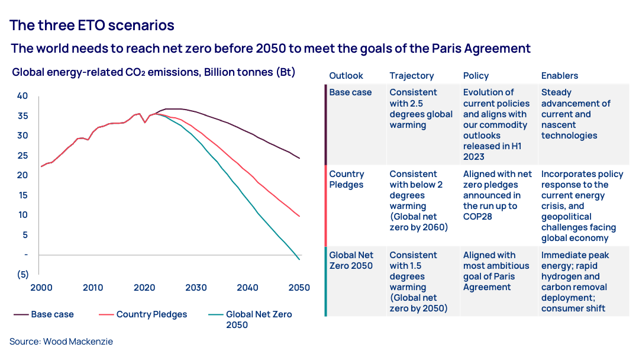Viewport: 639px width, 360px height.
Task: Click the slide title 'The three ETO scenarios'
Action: tap(92, 25)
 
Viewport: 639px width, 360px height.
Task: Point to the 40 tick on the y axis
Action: tap(22, 96)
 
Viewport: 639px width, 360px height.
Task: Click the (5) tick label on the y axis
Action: tap(22, 275)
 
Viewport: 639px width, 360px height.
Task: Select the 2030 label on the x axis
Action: tap(196, 288)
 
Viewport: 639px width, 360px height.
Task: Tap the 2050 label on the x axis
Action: tap(299, 288)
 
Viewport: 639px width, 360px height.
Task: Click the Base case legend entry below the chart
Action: tap(52, 314)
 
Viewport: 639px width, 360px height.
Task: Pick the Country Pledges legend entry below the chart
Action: tap(151, 314)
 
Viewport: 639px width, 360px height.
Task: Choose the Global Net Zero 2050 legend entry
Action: tap(259, 320)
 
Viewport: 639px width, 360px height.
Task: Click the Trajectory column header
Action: tap(411, 76)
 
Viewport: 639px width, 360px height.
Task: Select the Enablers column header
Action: tap(560, 76)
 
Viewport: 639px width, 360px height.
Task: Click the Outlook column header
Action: tap(346, 76)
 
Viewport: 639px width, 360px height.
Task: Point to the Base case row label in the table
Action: tap(350, 92)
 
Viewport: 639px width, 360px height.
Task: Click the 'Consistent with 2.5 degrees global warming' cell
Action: tap(421, 108)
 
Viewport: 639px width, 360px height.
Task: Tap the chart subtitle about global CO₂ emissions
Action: tap(153, 72)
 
